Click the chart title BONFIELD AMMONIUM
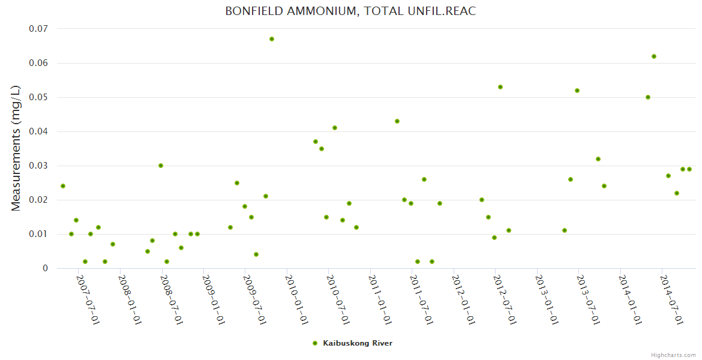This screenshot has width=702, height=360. click(350, 11)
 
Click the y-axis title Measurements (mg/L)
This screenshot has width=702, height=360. click(16, 148)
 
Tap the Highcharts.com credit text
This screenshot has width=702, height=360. click(673, 355)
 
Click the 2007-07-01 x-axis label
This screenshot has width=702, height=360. click(88, 300)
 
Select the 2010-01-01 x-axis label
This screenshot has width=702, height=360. click(296, 300)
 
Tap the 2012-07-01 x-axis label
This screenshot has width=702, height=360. click(505, 300)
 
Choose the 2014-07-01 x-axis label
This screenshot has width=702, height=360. click(671, 300)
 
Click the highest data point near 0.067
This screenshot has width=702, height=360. click(272, 39)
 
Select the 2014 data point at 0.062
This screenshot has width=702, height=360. click(654, 56)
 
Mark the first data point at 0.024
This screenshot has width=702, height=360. click(63, 186)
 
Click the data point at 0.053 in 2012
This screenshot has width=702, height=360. click(500, 87)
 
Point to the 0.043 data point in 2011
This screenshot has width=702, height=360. click(397, 121)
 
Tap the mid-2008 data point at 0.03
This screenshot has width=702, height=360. click(161, 166)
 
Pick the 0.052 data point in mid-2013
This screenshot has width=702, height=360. click(577, 91)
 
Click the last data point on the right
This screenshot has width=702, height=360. click(689, 169)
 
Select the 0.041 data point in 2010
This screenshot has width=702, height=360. click(335, 128)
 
